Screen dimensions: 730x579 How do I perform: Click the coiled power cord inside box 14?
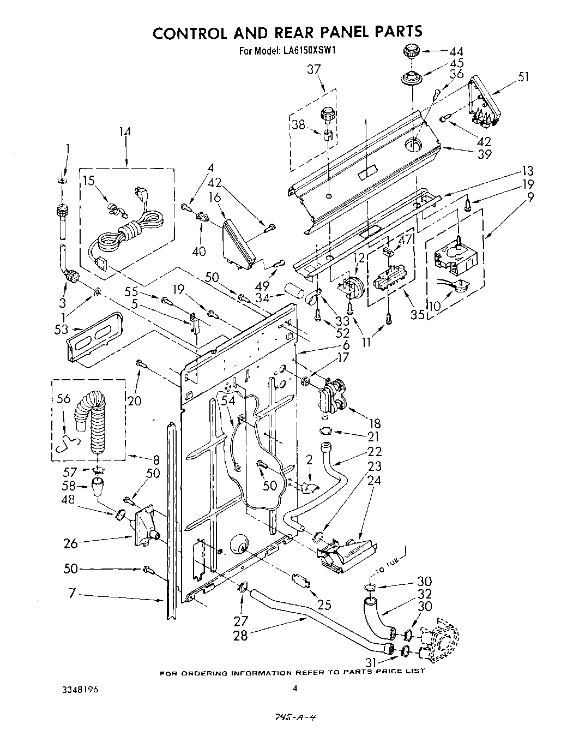tap(131, 228)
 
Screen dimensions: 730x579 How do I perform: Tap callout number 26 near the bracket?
tap(71, 543)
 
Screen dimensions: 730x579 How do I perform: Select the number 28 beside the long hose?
tap(240, 635)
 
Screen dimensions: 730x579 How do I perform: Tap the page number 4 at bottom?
tap(294, 689)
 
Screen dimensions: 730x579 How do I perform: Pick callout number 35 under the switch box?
tap(418, 315)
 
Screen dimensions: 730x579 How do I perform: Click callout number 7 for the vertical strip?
tap(72, 593)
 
